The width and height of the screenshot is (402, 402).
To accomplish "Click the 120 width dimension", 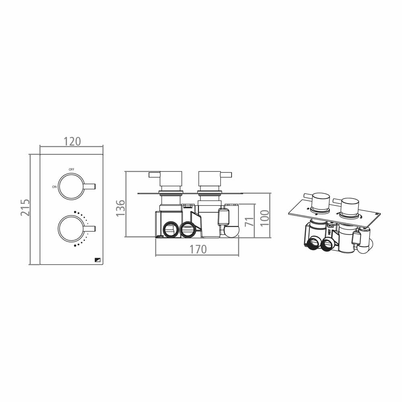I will pos(72,142).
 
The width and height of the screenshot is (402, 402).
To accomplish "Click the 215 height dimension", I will pos(25,207).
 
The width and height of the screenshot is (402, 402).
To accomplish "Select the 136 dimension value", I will pos(121,208).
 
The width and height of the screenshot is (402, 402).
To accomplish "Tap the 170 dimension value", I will pos(198,250).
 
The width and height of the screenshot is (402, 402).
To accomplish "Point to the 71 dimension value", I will pos(250,221).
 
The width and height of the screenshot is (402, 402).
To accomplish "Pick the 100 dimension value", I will pos(264,218).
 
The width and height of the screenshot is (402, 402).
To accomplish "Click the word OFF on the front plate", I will pos(71,169).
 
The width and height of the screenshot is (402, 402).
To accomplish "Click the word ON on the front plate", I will pos(54,187).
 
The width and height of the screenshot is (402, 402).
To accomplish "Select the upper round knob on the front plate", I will pos(71,187).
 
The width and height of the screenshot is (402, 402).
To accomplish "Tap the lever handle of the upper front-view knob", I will pos(90,186).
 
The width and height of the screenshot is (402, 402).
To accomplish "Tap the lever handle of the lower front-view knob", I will pos(90,229).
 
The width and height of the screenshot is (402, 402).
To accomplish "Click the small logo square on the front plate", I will pos(98,260).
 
